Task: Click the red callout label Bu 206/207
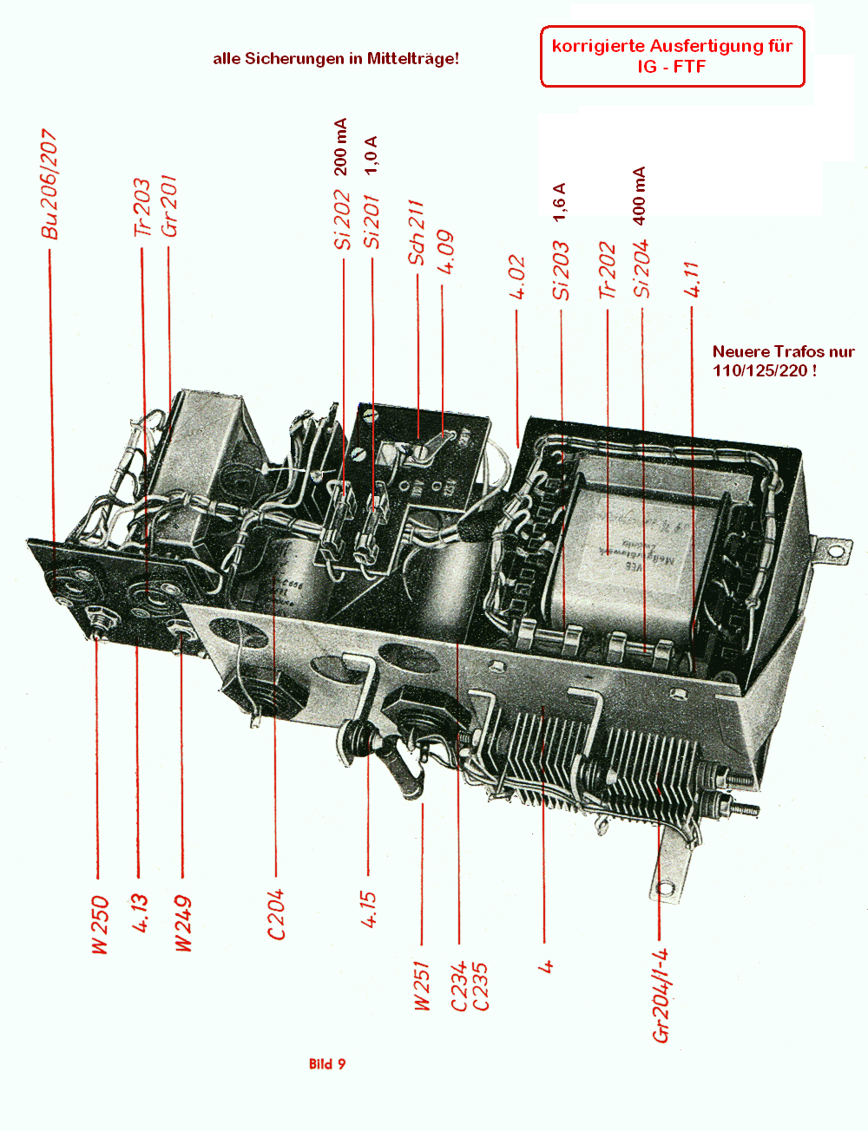pos(49,185)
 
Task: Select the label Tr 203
pos(141,208)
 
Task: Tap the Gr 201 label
pos(168,206)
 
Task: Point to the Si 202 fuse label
pos(343,221)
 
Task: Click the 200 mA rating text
pos(340,147)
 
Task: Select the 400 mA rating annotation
pos(640,196)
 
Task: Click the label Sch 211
pos(417,232)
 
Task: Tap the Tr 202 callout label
pos(607,271)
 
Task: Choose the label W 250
pos(100,925)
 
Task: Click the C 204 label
pos(276,914)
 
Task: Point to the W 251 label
pos(422,985)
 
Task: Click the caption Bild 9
pos(327,1064)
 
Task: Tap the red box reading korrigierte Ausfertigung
pos(673,56)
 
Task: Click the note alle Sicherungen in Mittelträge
pos(336,59)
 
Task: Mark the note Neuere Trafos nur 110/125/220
pos(783,361)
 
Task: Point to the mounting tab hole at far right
pos(836,549)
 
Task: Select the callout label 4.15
pos(369,910)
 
